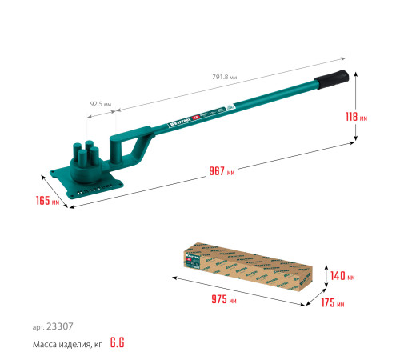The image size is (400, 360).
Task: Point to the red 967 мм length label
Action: tap(220, 171)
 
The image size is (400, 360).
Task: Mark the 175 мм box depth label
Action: tap(334, 304)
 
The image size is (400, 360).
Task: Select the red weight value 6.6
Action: tap(119, 343)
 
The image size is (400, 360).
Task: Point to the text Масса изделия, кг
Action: tap(68, 344)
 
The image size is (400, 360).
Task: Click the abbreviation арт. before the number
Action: tap(38, 326)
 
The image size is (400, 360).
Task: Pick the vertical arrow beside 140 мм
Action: tap(326, 276)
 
